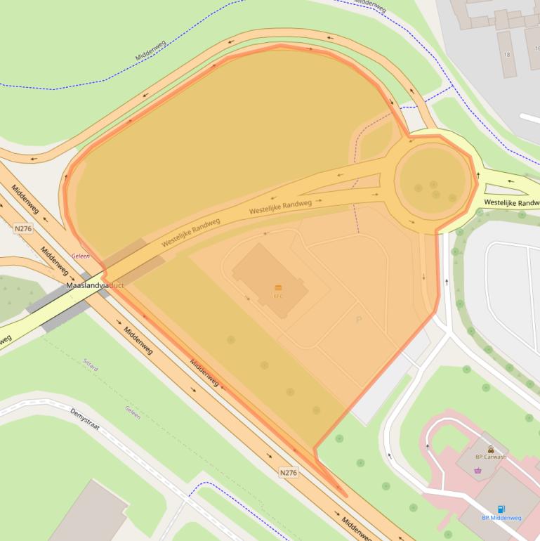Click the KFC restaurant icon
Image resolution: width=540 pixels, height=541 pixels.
tap(278, 287)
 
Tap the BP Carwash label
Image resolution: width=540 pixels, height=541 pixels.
tap(490, 457)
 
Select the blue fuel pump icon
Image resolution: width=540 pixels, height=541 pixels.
tap(501, 509)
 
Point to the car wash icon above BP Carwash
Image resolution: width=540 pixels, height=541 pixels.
tap(490, 448)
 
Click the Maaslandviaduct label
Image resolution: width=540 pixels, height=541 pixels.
tap(94, 286)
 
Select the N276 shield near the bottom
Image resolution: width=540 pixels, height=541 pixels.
tap(288, 472)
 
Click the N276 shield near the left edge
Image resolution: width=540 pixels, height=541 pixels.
tap(23, 228)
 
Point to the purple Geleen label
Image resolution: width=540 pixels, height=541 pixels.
tap(80, 256)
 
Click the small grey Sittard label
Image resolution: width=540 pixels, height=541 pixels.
tap(91, 367)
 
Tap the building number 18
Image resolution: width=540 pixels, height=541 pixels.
tap(506, 54)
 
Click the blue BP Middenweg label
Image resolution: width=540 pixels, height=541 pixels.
tap(501, 518)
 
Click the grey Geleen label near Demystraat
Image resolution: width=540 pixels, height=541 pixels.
tap(133, 412)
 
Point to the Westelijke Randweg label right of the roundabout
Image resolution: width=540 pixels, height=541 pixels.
tap(511, 202)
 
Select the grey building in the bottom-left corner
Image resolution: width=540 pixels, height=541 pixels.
tap(88, 513)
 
